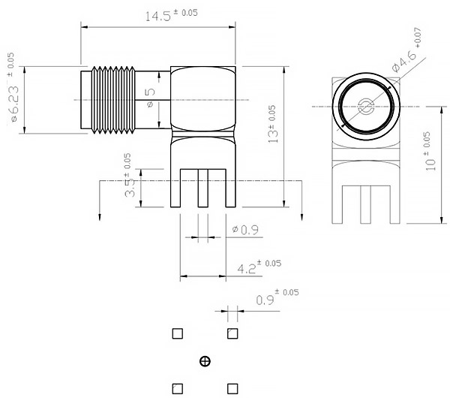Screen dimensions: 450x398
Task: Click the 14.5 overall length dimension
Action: [x=171, y=15]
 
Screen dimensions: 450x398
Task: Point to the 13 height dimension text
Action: [x=273, y=124]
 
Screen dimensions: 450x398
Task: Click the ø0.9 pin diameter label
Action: [x=246, y=230]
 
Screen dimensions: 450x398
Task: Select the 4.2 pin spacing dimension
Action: [x=259, y=267]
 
